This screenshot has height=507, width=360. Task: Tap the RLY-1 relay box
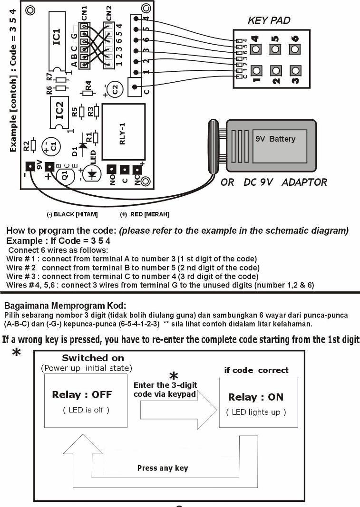(x=123, y=132)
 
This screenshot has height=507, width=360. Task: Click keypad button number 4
(x=256, y=49)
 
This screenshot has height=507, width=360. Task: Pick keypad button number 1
(x=256, y=70)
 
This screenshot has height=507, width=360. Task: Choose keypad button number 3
(x=295, y=70)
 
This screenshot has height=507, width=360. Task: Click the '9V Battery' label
(x=275, y=139)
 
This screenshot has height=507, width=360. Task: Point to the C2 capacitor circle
(x=115, y=89)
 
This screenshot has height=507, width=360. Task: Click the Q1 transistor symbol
(x=65, y=176)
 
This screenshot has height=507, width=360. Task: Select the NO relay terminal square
(x=111, y=170)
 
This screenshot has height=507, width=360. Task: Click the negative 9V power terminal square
(x=30, y=166)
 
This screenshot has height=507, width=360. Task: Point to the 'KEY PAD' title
(x=269, y=20)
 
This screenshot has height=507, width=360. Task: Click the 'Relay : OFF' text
(x=82, y=395)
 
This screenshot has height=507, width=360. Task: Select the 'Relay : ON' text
(x=256, y=397)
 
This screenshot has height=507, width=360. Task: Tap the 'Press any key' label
(x=163, y=468)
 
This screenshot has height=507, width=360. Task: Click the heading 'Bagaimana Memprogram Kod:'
(x=65, y=306)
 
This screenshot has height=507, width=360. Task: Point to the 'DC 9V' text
(x=258, y=182)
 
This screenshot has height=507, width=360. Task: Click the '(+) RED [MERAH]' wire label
(x=145, y=214)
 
